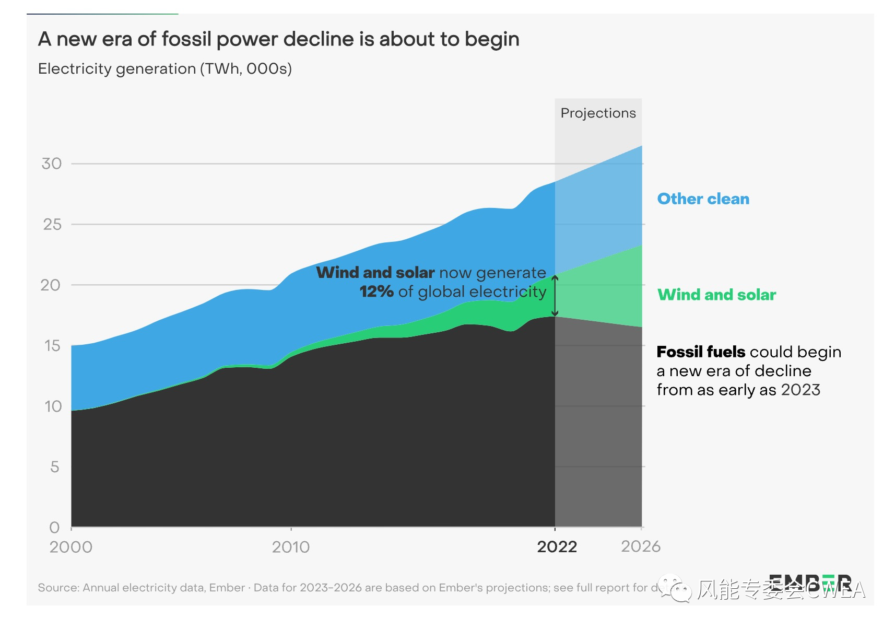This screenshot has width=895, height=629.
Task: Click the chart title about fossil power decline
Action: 278,40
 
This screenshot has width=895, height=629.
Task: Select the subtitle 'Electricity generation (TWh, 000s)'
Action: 164,69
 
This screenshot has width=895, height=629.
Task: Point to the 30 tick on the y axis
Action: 52,164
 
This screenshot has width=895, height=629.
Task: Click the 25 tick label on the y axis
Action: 52,225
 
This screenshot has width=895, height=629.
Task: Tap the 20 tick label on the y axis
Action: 51,285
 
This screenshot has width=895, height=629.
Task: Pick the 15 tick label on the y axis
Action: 52,346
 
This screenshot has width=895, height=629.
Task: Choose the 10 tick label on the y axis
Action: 53,406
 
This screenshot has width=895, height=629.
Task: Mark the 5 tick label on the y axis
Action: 55,467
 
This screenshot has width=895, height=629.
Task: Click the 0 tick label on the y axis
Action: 54,528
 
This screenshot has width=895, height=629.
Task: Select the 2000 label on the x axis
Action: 71,547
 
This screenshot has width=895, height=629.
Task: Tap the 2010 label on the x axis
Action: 291,547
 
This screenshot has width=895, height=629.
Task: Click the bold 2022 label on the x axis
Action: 557,547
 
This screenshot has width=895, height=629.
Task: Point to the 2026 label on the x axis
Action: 641,546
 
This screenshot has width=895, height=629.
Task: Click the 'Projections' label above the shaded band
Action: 598,113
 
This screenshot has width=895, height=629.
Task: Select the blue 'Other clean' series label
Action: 703,199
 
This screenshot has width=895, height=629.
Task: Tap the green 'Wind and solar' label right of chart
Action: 716,295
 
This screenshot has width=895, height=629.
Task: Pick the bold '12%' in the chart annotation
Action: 376,292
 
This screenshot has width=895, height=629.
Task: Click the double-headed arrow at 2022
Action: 555,296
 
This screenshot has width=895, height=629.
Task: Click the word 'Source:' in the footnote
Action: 58,588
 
